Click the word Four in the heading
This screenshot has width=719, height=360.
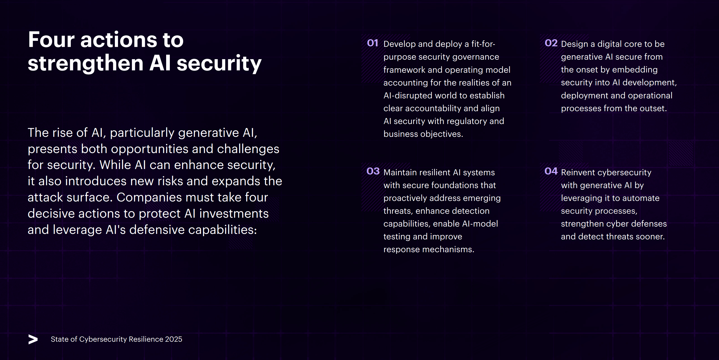51,40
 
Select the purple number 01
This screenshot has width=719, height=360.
373,43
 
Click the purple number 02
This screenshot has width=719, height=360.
551,43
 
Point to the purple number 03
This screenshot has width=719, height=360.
373,171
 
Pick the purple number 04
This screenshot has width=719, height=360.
551,171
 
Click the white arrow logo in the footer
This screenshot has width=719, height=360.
33,339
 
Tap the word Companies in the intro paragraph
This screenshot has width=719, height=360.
149,197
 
